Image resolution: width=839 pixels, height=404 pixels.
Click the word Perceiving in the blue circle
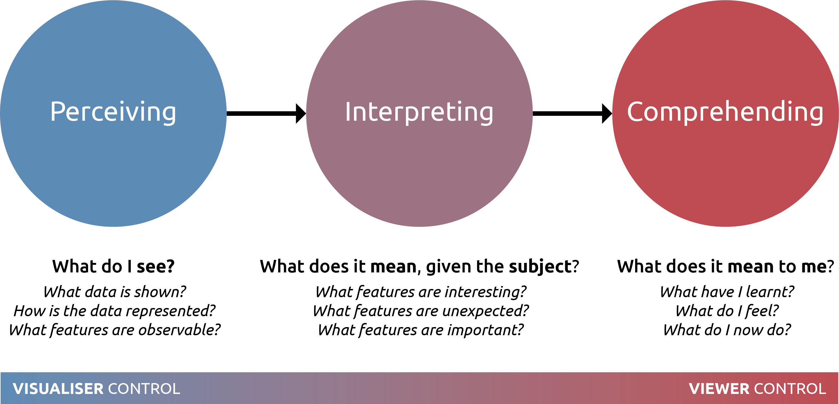113,112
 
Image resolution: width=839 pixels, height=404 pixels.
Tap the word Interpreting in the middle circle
419,112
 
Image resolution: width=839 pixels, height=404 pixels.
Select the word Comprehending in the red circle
725,112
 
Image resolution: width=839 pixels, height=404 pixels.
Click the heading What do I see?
113,266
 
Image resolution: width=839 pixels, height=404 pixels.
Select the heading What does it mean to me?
725,266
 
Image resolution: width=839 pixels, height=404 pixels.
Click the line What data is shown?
115,292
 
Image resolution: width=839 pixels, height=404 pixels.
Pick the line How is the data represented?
115,311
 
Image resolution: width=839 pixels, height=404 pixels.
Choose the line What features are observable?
115,330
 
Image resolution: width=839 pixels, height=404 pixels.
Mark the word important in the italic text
485,330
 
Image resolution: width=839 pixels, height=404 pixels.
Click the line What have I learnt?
727,292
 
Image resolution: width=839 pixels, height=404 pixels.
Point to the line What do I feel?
727,311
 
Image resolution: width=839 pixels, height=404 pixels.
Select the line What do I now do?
727,330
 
